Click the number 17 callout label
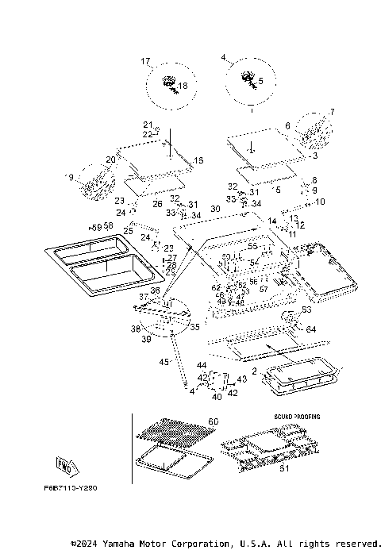(x=145, y=61)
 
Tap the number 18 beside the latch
(x=183, y=86)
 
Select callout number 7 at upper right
(x=332, y=112)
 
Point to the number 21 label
(x=147, y=125)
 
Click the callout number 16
(x=198, y=161)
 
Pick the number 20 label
(x=111, y=160)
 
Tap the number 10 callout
(x=320, y=202)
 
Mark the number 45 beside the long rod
(x=164, y=361)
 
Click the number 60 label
(x=213, y=421)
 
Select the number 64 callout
(x=310, y=329)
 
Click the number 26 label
(x=157, y=204)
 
